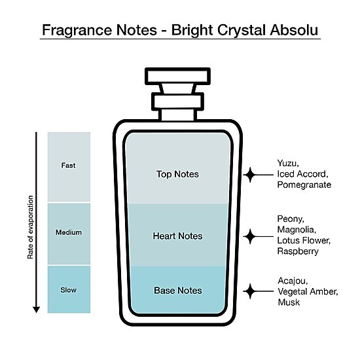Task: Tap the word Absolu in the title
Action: click(294, 30)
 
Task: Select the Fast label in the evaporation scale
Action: click(68, 166)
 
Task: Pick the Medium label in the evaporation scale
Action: click(69, 232)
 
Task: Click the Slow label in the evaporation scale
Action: click(69, 290)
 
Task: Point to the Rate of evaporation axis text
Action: click(30, 227)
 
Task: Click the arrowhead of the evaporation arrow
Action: click(36, 310)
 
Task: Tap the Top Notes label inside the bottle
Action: click(177, 174)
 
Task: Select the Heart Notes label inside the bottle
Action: click(177, 236)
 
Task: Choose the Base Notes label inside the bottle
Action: click(178, 291)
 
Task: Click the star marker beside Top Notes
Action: click(250, 175)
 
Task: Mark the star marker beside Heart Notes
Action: click(250, 236)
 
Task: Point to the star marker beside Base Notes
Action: click(250, 291)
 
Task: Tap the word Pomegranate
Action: click(304, 185)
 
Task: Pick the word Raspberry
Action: click(298, 251)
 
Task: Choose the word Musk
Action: click(289, 302)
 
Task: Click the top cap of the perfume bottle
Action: click(177, 76)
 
